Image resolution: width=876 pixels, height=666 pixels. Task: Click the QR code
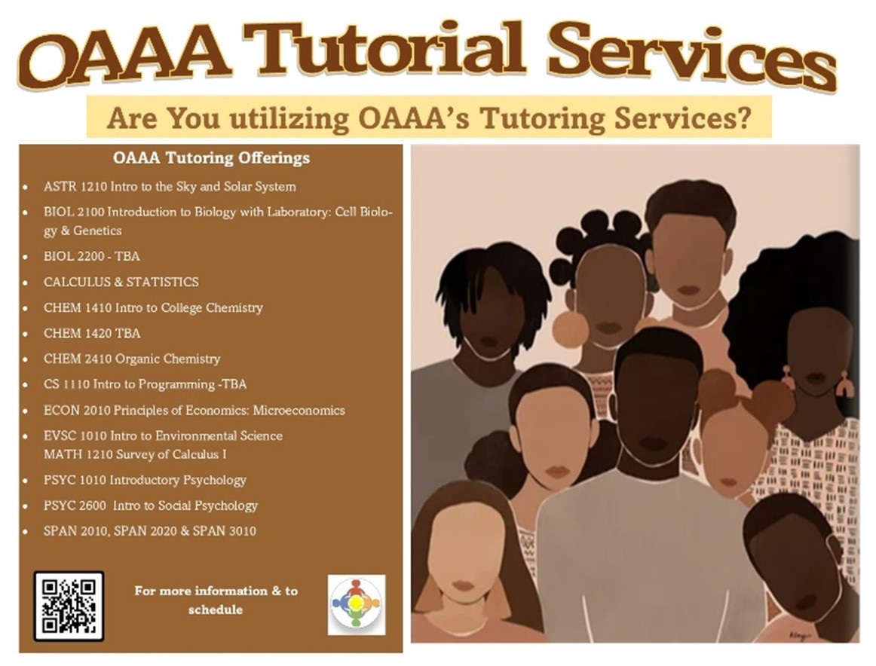(x=69, y=606)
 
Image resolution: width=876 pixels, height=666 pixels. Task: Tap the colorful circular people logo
(x=356, y=604)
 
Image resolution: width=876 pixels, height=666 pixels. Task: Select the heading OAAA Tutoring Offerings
(x=211, y=158)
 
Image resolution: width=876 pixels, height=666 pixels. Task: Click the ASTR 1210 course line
(x=170, y=186)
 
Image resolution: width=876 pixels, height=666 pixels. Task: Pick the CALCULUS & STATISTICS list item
(x=121, y=282)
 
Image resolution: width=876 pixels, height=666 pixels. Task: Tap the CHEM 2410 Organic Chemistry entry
(x=132, y=359)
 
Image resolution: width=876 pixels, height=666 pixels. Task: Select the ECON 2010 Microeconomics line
(x=194, y=411)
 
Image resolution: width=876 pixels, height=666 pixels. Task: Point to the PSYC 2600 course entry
(x=151, y=506)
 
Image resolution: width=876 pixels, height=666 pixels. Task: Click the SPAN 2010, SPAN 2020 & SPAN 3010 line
(x=150, y=531)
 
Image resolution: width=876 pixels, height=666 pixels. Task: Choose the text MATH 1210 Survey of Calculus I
(x=135, y=454)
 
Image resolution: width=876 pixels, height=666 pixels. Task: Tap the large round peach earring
(x=571, y=329)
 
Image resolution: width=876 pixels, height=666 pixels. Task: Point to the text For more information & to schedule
(x=216, y=600)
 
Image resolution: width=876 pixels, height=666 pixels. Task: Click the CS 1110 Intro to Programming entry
(x=145, y=384)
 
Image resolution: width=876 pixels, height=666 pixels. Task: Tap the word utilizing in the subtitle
(x=289, y=119)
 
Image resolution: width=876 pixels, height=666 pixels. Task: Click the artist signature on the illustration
(x=799, y=635)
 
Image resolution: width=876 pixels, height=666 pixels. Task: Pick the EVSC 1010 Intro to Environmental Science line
(x=163, y=435)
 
